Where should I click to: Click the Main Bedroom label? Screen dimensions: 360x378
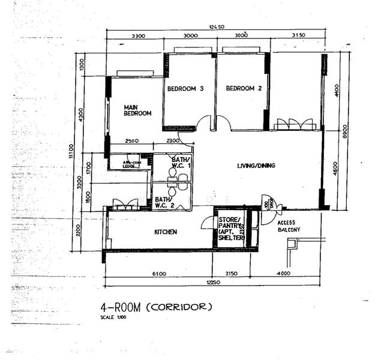(x=137, y=110)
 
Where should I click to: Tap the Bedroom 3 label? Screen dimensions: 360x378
(x=185, y=89)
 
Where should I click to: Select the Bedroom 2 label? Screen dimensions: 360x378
(x=244, y=89)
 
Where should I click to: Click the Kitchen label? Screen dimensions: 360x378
(x=165, y=232)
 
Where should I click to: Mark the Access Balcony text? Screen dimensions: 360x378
(x=289, y=226)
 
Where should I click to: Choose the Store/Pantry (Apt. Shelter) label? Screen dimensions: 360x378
(x=231, y=229)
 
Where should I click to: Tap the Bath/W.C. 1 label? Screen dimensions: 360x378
(x=181, y=162)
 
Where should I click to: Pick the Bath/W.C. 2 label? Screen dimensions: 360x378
(x=164, y=202)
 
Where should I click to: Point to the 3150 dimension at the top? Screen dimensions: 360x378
(x=298, y=36)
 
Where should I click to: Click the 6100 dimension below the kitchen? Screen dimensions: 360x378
(x=158, y=274)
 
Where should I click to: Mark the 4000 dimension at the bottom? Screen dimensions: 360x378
(x=283, y=274)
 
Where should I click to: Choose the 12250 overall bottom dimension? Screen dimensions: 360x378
(x=215, y=282)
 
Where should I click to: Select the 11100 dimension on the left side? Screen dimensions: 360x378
(x=71, y=152)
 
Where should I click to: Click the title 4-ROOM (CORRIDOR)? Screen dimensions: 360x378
(x=156, y=307)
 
